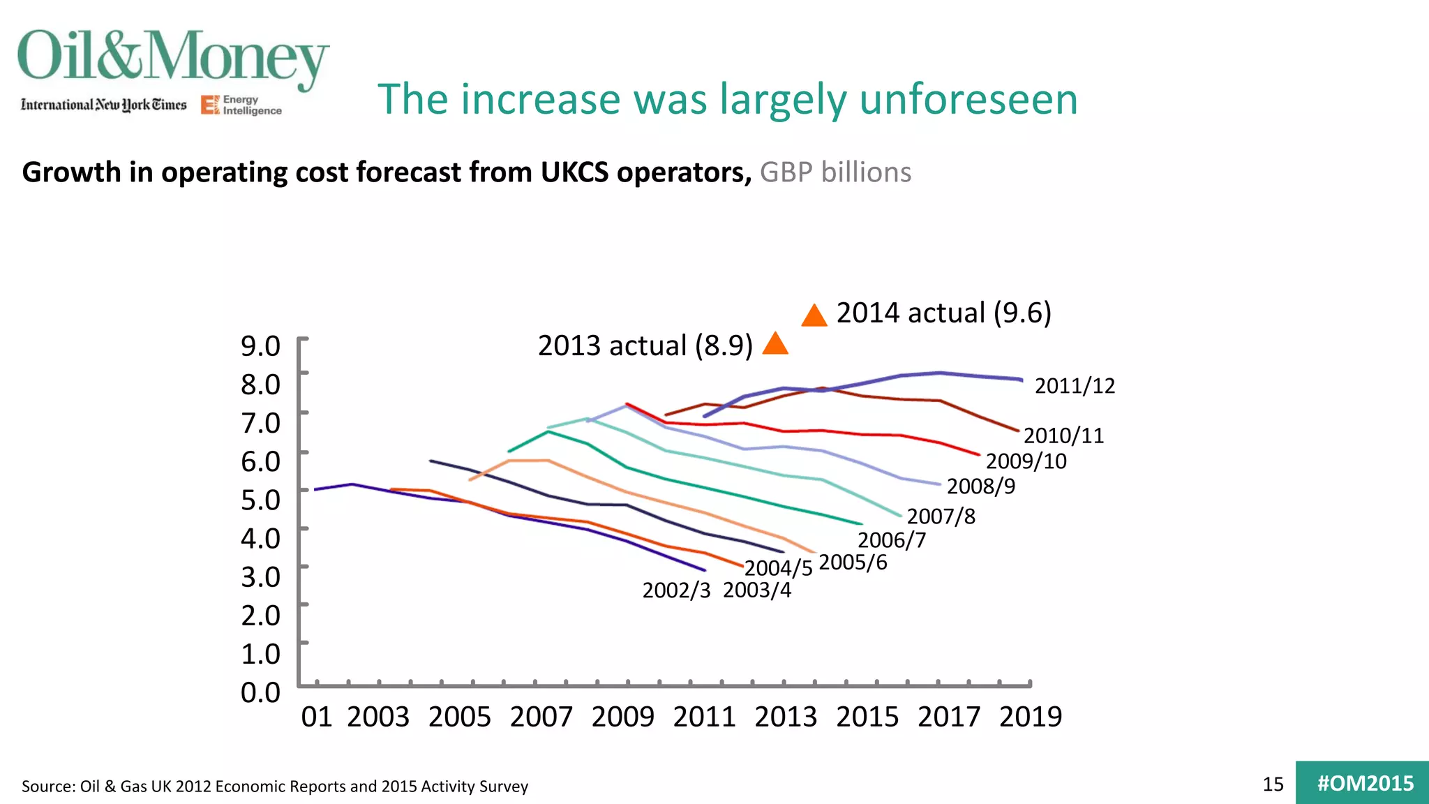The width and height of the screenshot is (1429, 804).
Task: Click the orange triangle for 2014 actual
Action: click(x=814, y=317)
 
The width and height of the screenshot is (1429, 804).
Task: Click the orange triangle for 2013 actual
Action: click(x=775, y=344)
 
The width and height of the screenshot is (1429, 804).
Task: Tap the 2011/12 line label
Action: click(x=1075, y=386)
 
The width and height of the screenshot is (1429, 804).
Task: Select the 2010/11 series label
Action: click(x=1063, y=435)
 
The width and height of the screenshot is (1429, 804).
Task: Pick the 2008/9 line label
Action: click(x=980, y=486)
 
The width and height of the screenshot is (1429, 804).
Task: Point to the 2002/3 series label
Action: click(x=676, y=590)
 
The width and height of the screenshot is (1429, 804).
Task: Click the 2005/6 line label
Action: click(x=853, y=563)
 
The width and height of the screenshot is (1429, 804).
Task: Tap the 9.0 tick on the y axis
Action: click(x=260, y=346)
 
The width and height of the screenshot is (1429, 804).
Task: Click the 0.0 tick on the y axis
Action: click(x=260, y=692)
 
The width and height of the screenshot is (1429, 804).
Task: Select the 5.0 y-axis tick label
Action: click(x=260, y=500)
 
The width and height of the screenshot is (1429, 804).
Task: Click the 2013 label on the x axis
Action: click(x=786, y=717)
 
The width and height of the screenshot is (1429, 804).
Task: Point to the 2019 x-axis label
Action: click(x=1031, y=717)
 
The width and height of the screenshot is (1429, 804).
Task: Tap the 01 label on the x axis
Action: click(x=316, y=717)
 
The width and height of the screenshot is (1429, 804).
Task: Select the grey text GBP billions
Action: click(x=835, y=172)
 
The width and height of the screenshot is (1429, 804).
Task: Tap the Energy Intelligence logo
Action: click(x=241, y=105)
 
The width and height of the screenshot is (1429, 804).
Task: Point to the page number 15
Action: click(x=1273, y=784)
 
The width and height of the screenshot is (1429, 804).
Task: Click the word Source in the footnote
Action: click(x=47, y=787)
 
